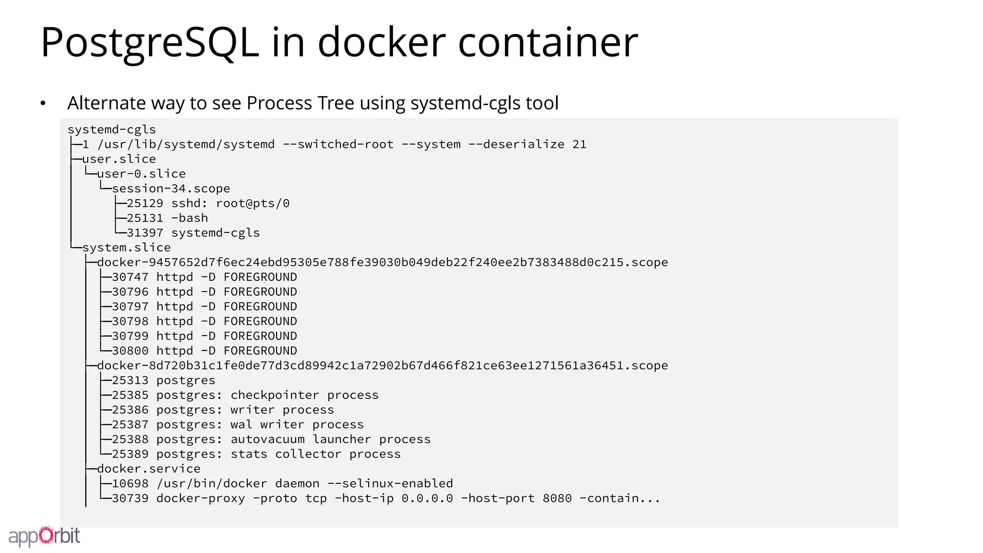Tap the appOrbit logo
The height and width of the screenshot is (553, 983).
[44, 536]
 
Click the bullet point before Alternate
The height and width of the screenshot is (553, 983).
[43, 103]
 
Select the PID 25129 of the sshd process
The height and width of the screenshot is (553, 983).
[145, 204]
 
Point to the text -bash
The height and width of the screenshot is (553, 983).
[190, 218]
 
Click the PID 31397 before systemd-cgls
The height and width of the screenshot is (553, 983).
[145, 233]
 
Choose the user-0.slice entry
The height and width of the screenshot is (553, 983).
[141, 174]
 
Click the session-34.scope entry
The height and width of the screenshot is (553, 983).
[171, 189]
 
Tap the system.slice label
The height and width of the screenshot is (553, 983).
[126, 248]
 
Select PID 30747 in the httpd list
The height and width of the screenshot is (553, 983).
[130, 277]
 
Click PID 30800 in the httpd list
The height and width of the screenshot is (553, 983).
[130, 351]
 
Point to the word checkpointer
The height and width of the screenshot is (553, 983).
[275, 395]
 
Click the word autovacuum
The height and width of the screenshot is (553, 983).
[267, 440]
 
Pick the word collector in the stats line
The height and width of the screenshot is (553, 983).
[308, 454]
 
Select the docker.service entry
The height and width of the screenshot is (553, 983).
[149, 469]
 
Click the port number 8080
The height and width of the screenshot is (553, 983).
[557, 498]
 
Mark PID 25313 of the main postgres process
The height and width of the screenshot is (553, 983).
[130, 381]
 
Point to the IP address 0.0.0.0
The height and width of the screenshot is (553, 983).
[427, 498]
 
